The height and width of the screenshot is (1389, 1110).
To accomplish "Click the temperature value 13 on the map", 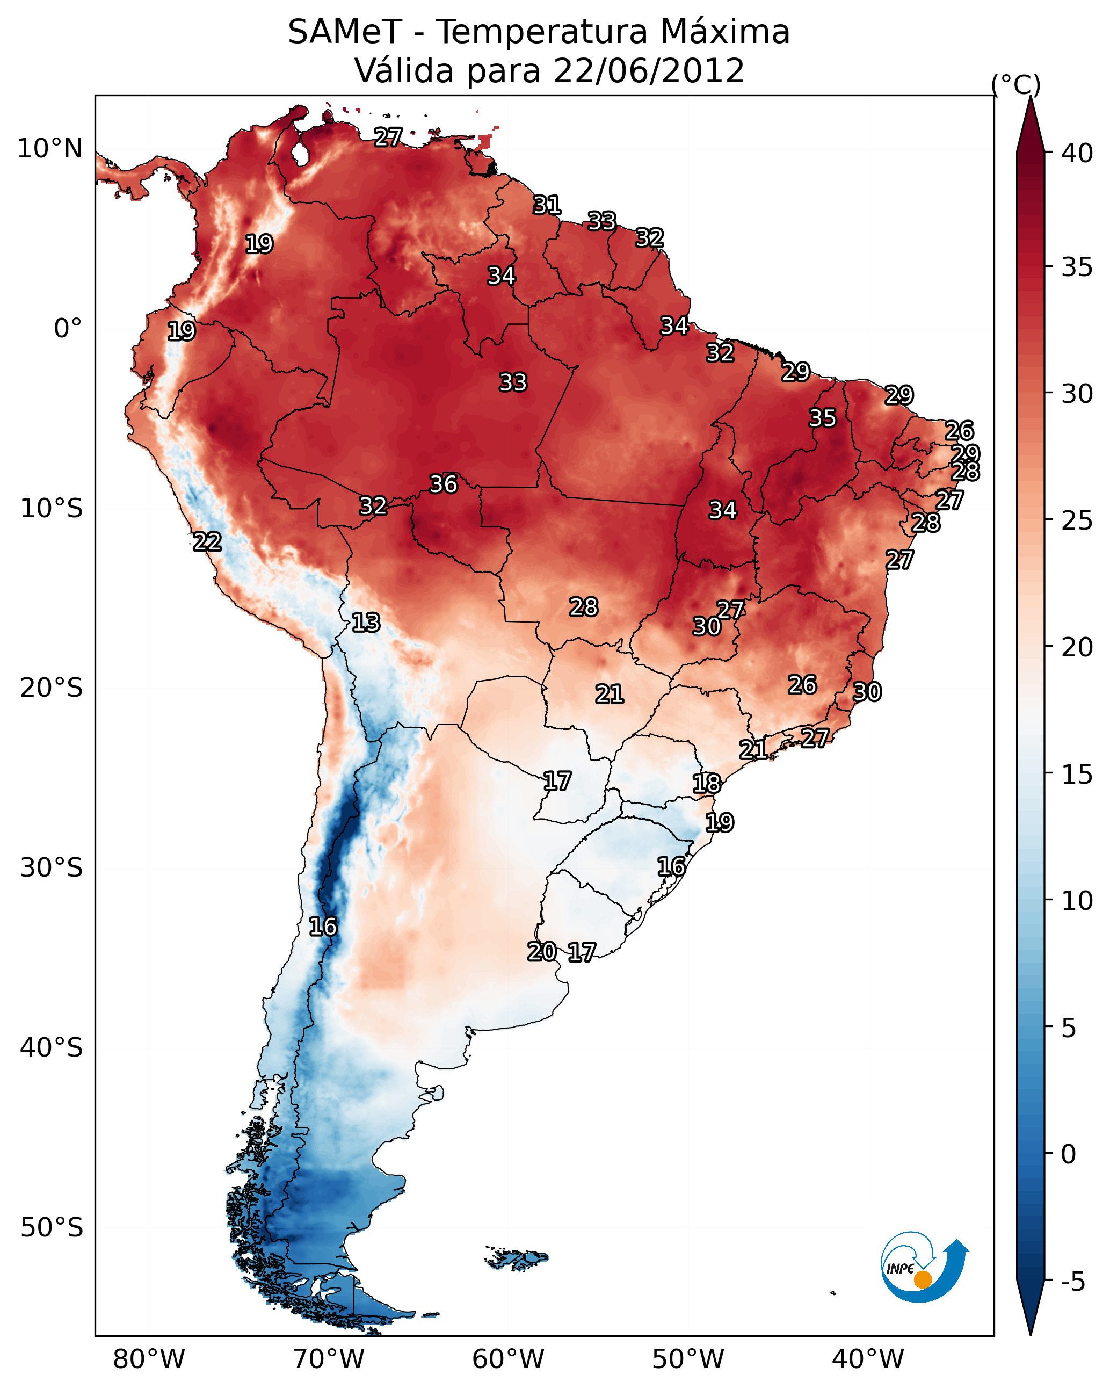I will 366,623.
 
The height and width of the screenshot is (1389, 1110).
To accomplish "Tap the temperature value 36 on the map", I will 443,484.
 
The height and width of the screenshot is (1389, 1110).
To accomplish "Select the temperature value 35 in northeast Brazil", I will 822,417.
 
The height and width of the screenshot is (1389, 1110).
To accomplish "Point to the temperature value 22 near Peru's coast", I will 207,542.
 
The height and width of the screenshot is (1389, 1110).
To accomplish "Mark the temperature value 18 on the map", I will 706,784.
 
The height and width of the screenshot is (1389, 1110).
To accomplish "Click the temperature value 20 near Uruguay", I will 542,952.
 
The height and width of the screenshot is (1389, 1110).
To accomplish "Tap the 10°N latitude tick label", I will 49,149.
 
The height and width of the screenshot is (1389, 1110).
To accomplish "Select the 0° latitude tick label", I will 68,329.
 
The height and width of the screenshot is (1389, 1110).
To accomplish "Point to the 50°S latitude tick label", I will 52,1228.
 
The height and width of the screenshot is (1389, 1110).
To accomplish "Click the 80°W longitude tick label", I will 149,1359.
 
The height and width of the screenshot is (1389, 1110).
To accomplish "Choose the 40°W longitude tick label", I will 868,1359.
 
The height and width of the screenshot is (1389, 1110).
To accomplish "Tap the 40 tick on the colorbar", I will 1077,153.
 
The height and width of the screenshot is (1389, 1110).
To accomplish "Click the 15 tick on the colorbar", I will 1077,775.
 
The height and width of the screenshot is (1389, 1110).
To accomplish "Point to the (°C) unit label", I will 1015,84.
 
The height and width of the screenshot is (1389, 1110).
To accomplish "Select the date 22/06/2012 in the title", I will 649,71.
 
